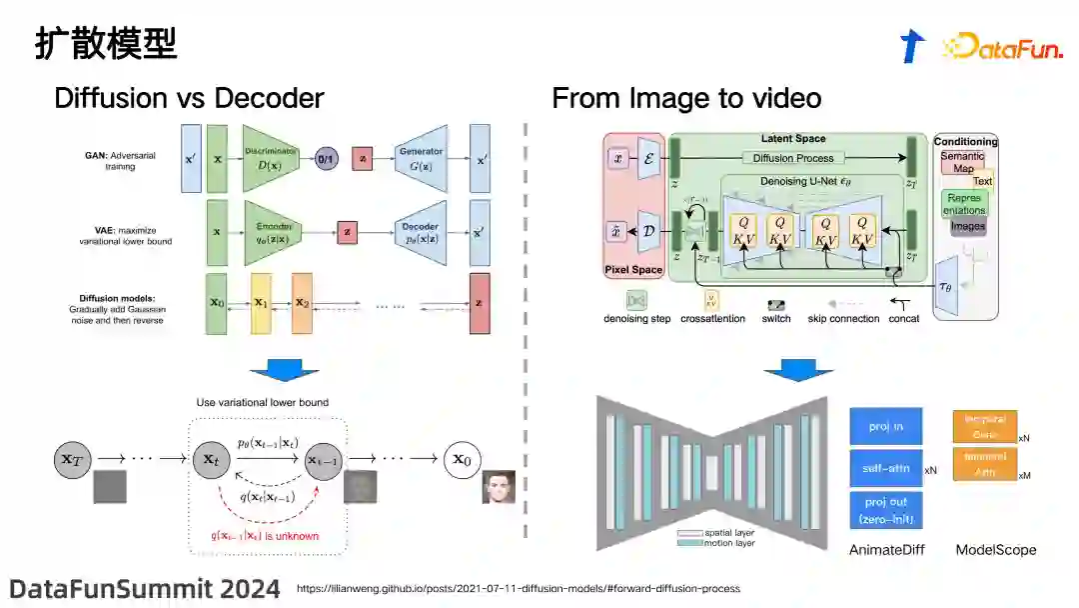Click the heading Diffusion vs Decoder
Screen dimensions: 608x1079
[189, 98]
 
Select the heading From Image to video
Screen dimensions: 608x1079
[686, 98]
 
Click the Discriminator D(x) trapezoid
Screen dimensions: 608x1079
[272, 158]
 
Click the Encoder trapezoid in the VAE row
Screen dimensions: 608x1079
[272, 231]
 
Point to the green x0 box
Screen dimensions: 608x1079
[216, 303]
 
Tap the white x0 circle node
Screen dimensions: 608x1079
[466, 459]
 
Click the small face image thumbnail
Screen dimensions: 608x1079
[500, 487]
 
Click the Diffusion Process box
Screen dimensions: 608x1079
[793, 158]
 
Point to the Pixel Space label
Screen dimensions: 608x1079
[633, 270]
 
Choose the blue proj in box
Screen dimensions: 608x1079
[885, 427]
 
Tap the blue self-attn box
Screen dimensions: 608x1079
[885, 468]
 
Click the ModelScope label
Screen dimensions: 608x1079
[995, 549]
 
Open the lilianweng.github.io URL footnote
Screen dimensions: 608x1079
[519, 588]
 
